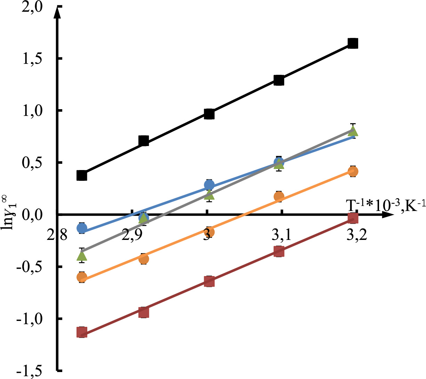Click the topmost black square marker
353,43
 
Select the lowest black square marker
82,175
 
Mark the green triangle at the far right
353,131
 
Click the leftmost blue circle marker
82,228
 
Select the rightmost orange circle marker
353,171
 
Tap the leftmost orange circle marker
82,277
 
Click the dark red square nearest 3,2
353,218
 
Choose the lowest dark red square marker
82,332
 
